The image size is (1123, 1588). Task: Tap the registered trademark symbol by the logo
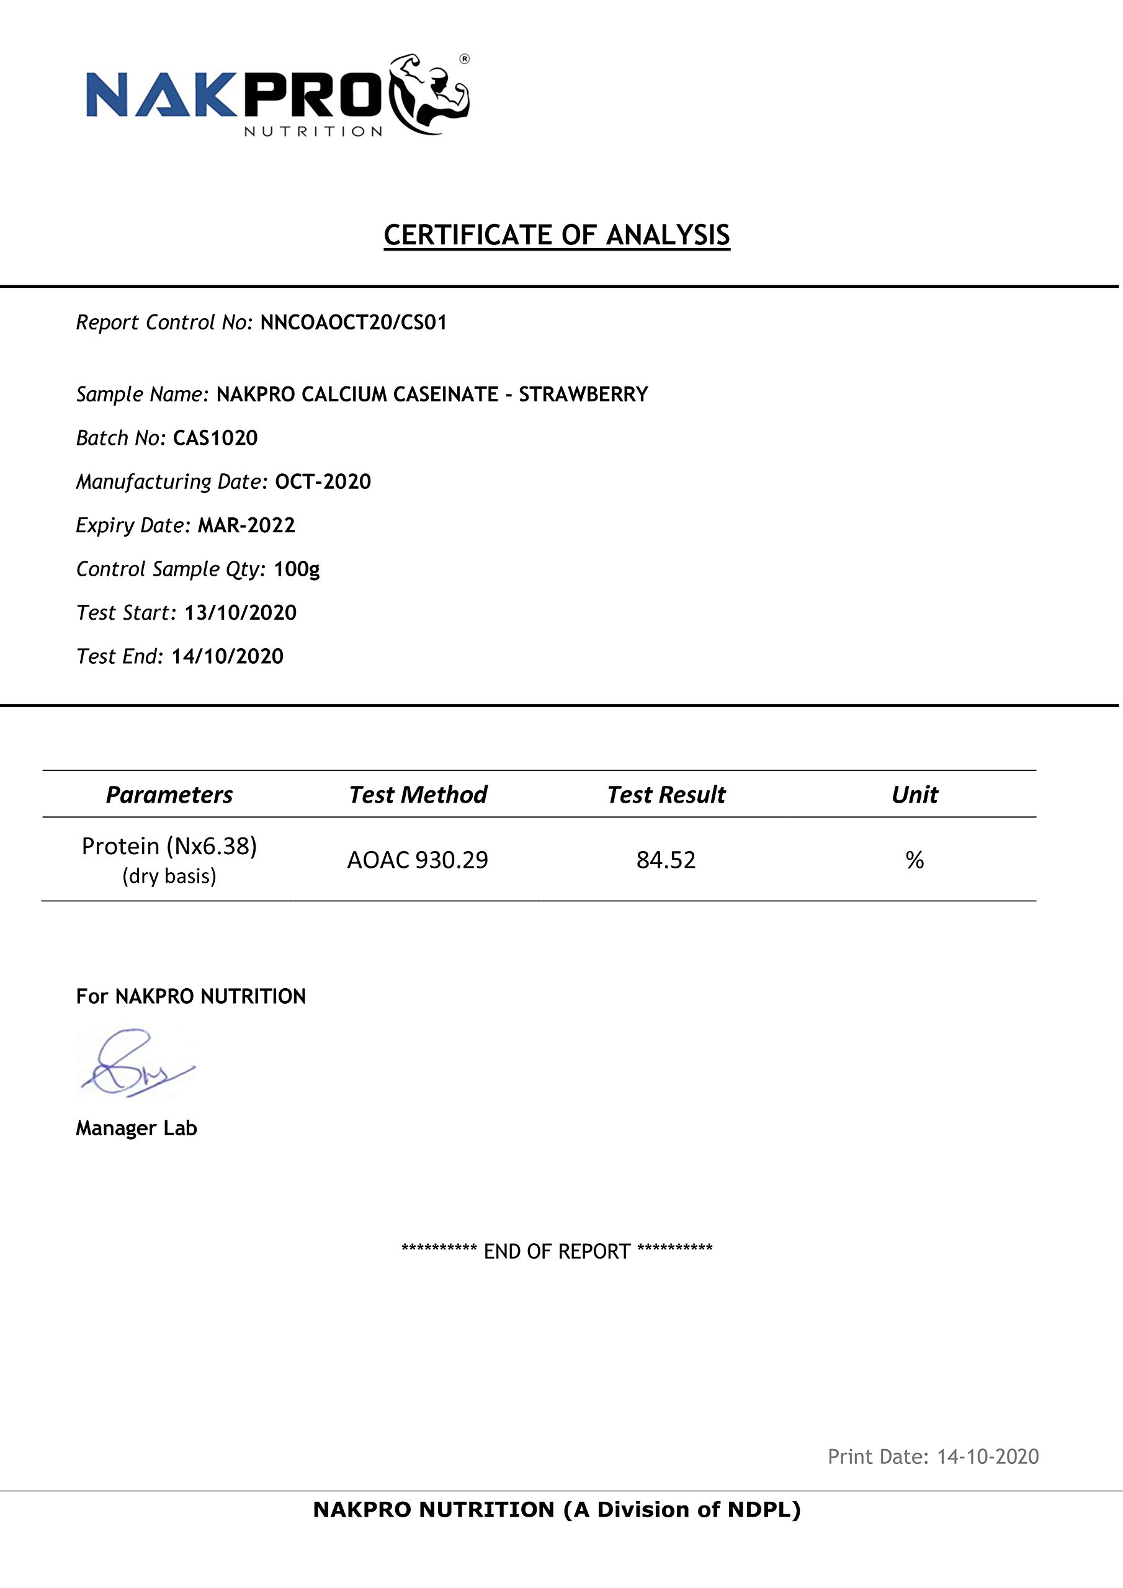pyautogui.click(x=464, y=60)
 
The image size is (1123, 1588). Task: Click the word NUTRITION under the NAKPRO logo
pyautogui.click(x=313, y=132)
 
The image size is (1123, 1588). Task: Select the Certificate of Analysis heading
pyautogui.click(x=557, y=235)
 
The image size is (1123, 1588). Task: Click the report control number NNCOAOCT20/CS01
pyautogui.click(x=354, y=323)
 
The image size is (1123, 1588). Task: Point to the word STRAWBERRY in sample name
pyautogui.click(x=583, y=395)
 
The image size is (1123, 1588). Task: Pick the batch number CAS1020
pyautogui.click(x=215, y=438)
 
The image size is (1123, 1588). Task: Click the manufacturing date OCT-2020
pyautogui.click(x=323, y=481)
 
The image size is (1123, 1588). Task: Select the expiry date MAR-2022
pyautogui.click(x=246, y=525)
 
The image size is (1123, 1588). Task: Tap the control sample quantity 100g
pyautogui.click(x=297, y=569)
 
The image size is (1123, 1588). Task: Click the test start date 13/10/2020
pyautogui.click(x=240, y=613)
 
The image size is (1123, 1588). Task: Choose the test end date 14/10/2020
pyautogui.click(x=228, y=656)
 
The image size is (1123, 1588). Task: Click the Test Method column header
pyautogui.click(x=418, y=795)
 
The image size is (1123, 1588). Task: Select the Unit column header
pyautogui.click(x=914, y=795)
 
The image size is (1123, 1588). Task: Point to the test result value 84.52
pyautogui.click(x=666, y=860)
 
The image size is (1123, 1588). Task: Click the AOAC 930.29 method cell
pyautogui.click(x=417, y=860)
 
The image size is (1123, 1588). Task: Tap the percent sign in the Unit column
pyautogui.click(x=914, y=860)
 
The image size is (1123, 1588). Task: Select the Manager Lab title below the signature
pyautogui.click(x=136, y=1128)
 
